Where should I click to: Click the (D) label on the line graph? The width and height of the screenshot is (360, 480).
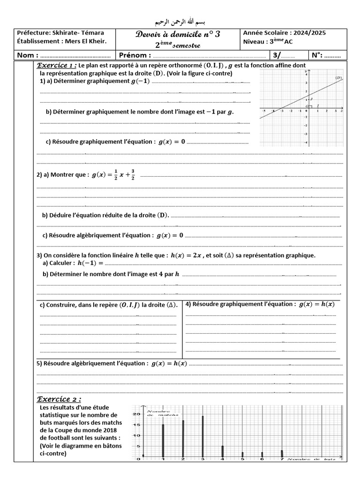[x=338, y=77]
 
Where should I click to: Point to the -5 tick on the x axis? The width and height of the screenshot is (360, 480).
[x=265, y=111]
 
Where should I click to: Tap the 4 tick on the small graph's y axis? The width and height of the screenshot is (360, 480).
[x=306, y=74]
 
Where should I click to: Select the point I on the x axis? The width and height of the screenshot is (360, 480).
[x=318, y=105]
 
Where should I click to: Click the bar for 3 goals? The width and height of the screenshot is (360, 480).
[x=203, y=436]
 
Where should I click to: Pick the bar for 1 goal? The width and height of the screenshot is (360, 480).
[x=163, y=440]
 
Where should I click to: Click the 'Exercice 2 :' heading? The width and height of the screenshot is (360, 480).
[x=59, y=399]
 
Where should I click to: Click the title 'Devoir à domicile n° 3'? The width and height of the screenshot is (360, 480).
[x=178, y=34]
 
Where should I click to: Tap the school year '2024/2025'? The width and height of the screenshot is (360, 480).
[x=309, y=33]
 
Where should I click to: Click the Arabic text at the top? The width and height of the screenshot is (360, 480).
[x=180, y=22]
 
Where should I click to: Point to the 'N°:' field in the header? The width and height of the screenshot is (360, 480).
[x=317, y=55]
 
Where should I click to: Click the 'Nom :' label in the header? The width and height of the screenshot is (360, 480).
[x=27, y=55]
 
